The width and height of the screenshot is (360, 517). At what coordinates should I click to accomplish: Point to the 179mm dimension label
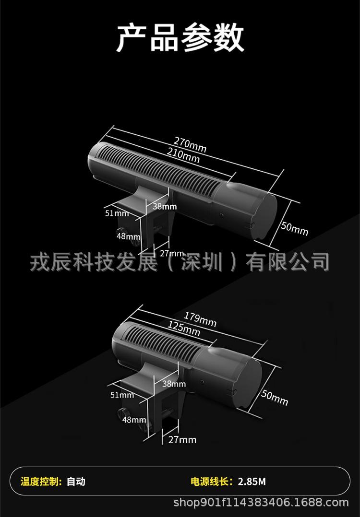(x=200, y=319)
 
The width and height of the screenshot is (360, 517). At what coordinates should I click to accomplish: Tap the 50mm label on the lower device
(x=275, y=398)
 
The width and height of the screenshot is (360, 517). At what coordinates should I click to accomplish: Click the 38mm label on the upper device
(x=165, y=207)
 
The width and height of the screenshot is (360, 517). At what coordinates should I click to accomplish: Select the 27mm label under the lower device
(x=182, y=439)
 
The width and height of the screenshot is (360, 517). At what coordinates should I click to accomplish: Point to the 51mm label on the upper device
(x=117, y=213)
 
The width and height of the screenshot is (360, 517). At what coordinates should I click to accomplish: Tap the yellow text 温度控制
(x=40, y=481)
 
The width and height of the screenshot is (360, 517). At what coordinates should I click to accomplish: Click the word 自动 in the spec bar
(x=76, y=481)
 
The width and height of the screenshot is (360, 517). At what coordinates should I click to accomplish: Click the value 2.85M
(x=252, y=481)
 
